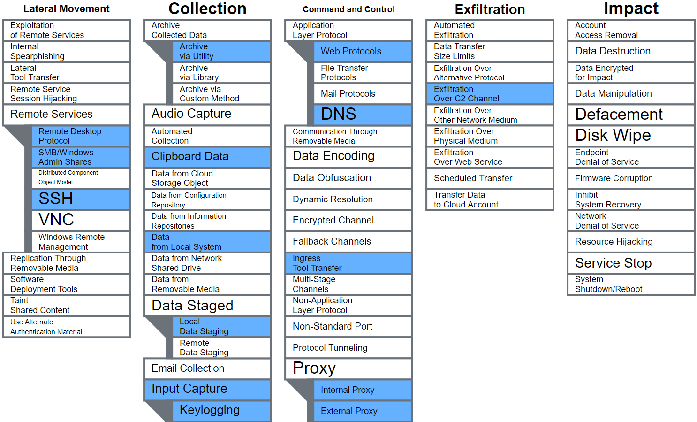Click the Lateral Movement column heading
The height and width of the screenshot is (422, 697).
[x=66, y=8]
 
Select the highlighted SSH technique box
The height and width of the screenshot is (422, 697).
[x=80, y=199]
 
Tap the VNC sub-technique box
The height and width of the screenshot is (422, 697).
[x=80, y=220]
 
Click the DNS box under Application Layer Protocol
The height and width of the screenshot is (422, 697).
[x=363, y=114]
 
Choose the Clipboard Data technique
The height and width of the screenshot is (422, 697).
[x=207, y=156]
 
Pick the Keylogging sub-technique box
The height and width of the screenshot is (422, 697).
[x=221, y=410]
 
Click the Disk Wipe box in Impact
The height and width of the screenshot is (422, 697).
[x=631, y=135]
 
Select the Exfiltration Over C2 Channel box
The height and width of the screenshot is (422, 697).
[x=490, y=94]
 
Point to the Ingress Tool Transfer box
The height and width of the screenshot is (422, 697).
[x=348, y=263]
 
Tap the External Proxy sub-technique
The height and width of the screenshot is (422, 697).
[x=363, y=411]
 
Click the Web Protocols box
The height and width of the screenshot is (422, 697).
[x=363, y=51]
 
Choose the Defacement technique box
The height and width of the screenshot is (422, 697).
[x=631, y=114]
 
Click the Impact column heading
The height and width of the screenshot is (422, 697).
[x=631, y=8]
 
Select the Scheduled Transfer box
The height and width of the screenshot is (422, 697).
[x=490, y=178]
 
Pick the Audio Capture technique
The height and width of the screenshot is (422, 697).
[x=207, y=114]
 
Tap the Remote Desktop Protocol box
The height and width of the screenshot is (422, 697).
[x=80, y=136]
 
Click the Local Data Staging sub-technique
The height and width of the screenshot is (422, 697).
[x=221, y=326]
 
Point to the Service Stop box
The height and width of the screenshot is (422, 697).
[x=631, y=263]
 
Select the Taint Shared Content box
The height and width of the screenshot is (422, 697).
[x=66, y=305]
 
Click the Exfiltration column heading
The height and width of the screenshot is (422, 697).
[x=490, y=9]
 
